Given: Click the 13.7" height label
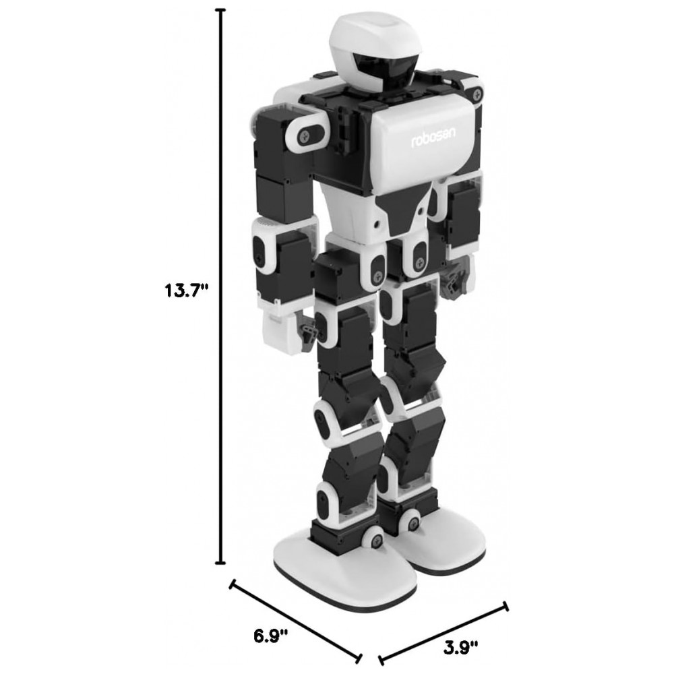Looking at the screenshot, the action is point(186,291).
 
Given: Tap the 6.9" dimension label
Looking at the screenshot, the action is point(270,636).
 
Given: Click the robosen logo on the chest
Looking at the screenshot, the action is point(433,137).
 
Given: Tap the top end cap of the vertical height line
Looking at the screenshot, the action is point(222,9).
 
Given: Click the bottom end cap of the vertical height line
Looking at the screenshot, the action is point(221,563).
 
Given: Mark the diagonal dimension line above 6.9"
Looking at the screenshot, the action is point(296,621).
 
